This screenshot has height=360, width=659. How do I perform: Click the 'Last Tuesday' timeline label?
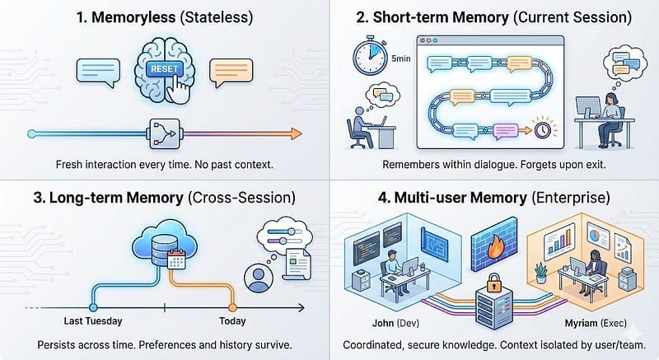(x=92, y=321)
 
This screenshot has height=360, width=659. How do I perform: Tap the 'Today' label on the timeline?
(x=232, y=321)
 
